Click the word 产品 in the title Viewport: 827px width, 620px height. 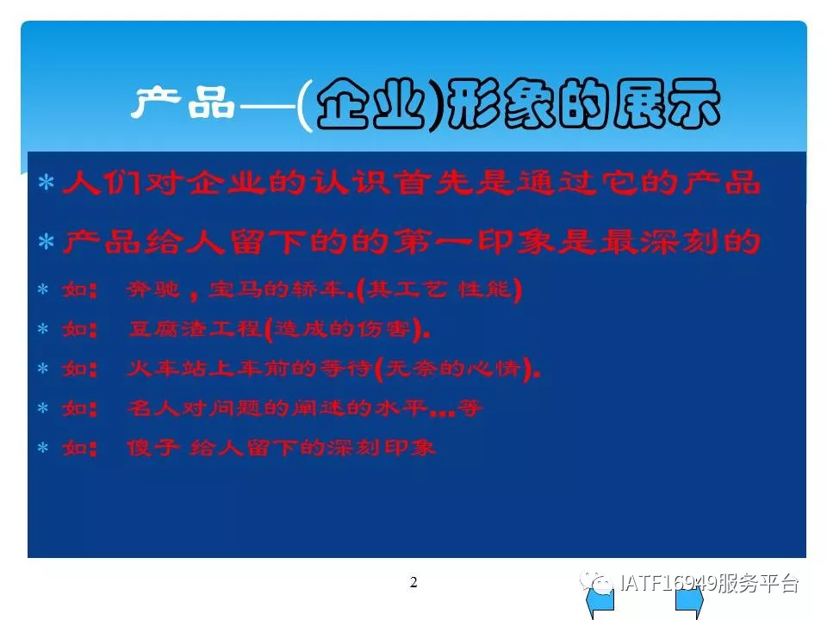pyautogui.click(x=183, y=102)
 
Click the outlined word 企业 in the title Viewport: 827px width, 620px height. pyautogui.click(x=370, y=104)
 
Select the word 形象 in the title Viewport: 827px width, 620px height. pyautogui.click(x=501, y=104)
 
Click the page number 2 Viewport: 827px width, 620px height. pyautogui.click(x=413, y=582)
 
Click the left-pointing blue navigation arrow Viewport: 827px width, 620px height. pyautogui.click(x=600, y=602)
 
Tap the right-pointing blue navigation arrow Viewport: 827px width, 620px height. pyautogui.click(x=690, y=602)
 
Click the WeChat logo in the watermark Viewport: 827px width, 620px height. pyautogui.click(x=596, y=581)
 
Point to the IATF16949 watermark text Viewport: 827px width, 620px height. pyautogui.click(x=668, y=583)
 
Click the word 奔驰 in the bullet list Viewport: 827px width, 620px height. pyautogui.click(x=153, y=289)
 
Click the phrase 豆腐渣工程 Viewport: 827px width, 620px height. pyautogui.click(x=195, y=329)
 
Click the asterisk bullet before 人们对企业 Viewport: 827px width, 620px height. pyautogui.click(x=47, y=183)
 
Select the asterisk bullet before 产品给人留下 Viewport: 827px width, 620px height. pyautogui.click(x=47, y=241)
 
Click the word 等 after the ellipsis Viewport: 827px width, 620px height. pyautogui.click(x=469, y=407)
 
